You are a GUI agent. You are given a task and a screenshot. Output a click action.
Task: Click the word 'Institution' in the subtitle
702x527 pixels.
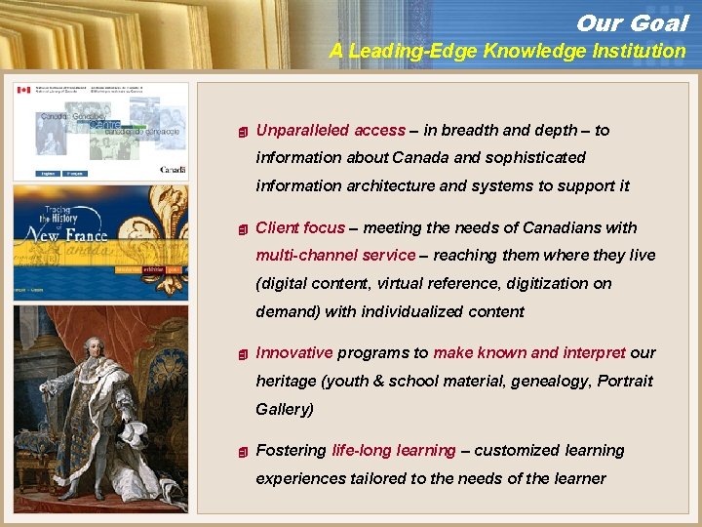pos(640,52)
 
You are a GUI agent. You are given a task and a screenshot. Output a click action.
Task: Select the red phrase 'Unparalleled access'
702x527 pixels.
pos(330,130)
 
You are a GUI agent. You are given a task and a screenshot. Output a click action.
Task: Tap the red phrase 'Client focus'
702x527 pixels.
pos(299,227)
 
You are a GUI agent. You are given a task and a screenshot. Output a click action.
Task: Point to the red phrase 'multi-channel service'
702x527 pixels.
pos(335,255)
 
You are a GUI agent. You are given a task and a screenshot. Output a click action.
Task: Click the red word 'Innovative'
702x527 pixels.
pos(293,352)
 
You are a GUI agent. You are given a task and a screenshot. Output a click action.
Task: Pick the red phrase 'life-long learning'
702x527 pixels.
pos(393,450)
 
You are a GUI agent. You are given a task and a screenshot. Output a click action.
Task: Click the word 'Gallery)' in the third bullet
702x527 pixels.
pos(285,409)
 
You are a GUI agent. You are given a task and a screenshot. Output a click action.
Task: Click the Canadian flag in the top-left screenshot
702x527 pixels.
pos(24,89)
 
